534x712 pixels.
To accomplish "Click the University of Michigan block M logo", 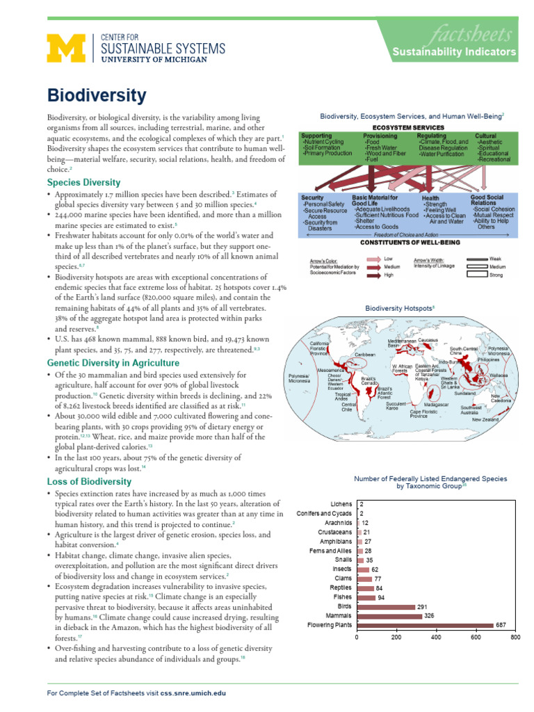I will point(64,49).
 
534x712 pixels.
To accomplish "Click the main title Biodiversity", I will point(97,95).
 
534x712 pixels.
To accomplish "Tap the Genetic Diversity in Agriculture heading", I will point(113,363).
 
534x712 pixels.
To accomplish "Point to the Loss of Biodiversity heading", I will point(88,481).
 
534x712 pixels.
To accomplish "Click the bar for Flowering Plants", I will point(425,625).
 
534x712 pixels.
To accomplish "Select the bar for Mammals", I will point(389,616).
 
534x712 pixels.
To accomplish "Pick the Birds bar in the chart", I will point(385,606).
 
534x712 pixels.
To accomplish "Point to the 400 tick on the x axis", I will point(436,637).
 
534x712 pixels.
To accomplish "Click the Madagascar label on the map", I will point(436,404).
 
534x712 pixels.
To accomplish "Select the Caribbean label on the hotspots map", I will point(365,354).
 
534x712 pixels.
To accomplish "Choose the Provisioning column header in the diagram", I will point(380,136).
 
